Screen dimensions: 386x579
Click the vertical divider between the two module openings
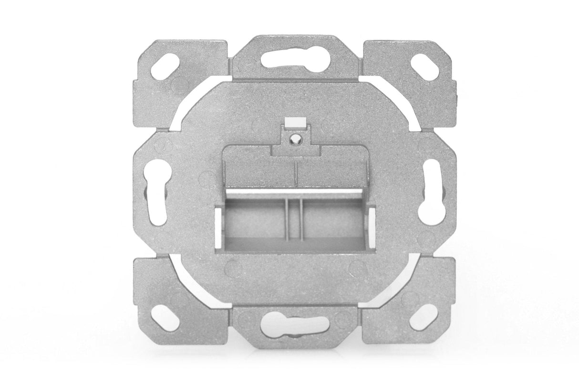(294, 222)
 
